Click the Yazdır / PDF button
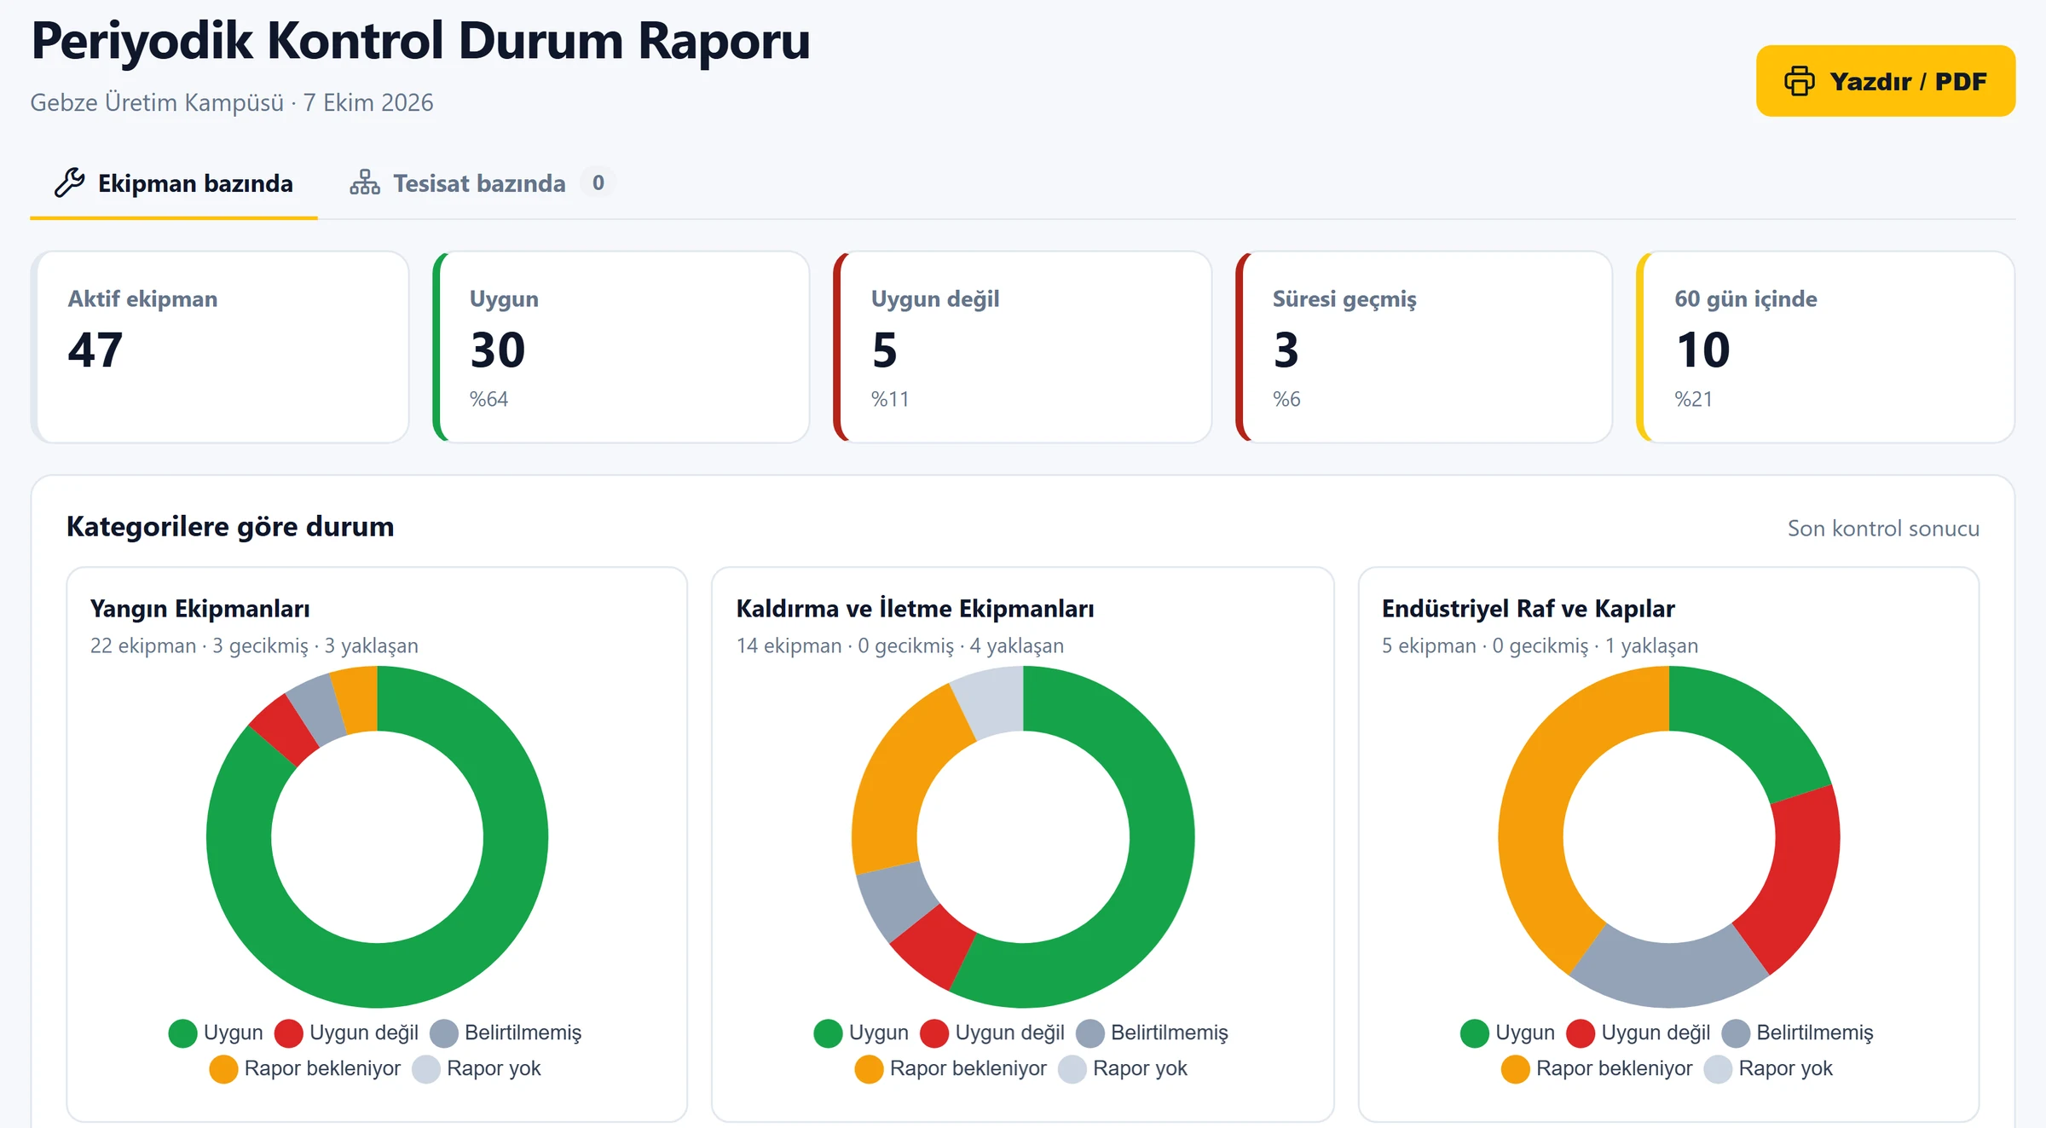click(1885, 81)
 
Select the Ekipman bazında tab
click(174, 183)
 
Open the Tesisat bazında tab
click(458, 183)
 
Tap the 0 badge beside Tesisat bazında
click(598, 182)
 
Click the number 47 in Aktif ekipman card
click(95, 350)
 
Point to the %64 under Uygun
click(488, 399)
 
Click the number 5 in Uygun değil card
click(885, 350)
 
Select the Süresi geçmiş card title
click(1344, 299)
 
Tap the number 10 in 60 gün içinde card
click(1702, 350)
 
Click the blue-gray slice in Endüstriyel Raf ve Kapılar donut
click(1669, 972)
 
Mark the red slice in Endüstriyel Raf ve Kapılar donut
click(1790, 878)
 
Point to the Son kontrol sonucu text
click(1883, 529)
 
